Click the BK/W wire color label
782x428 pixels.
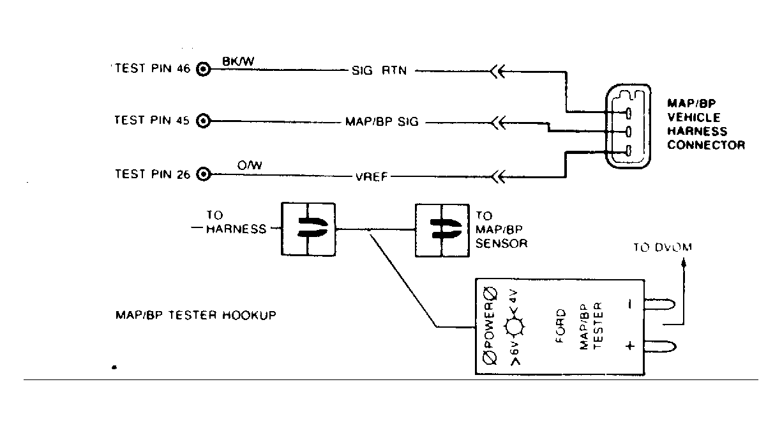237,61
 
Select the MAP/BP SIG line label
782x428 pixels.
382,121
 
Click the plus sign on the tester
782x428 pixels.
630,347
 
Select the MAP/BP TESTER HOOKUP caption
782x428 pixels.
196,316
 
